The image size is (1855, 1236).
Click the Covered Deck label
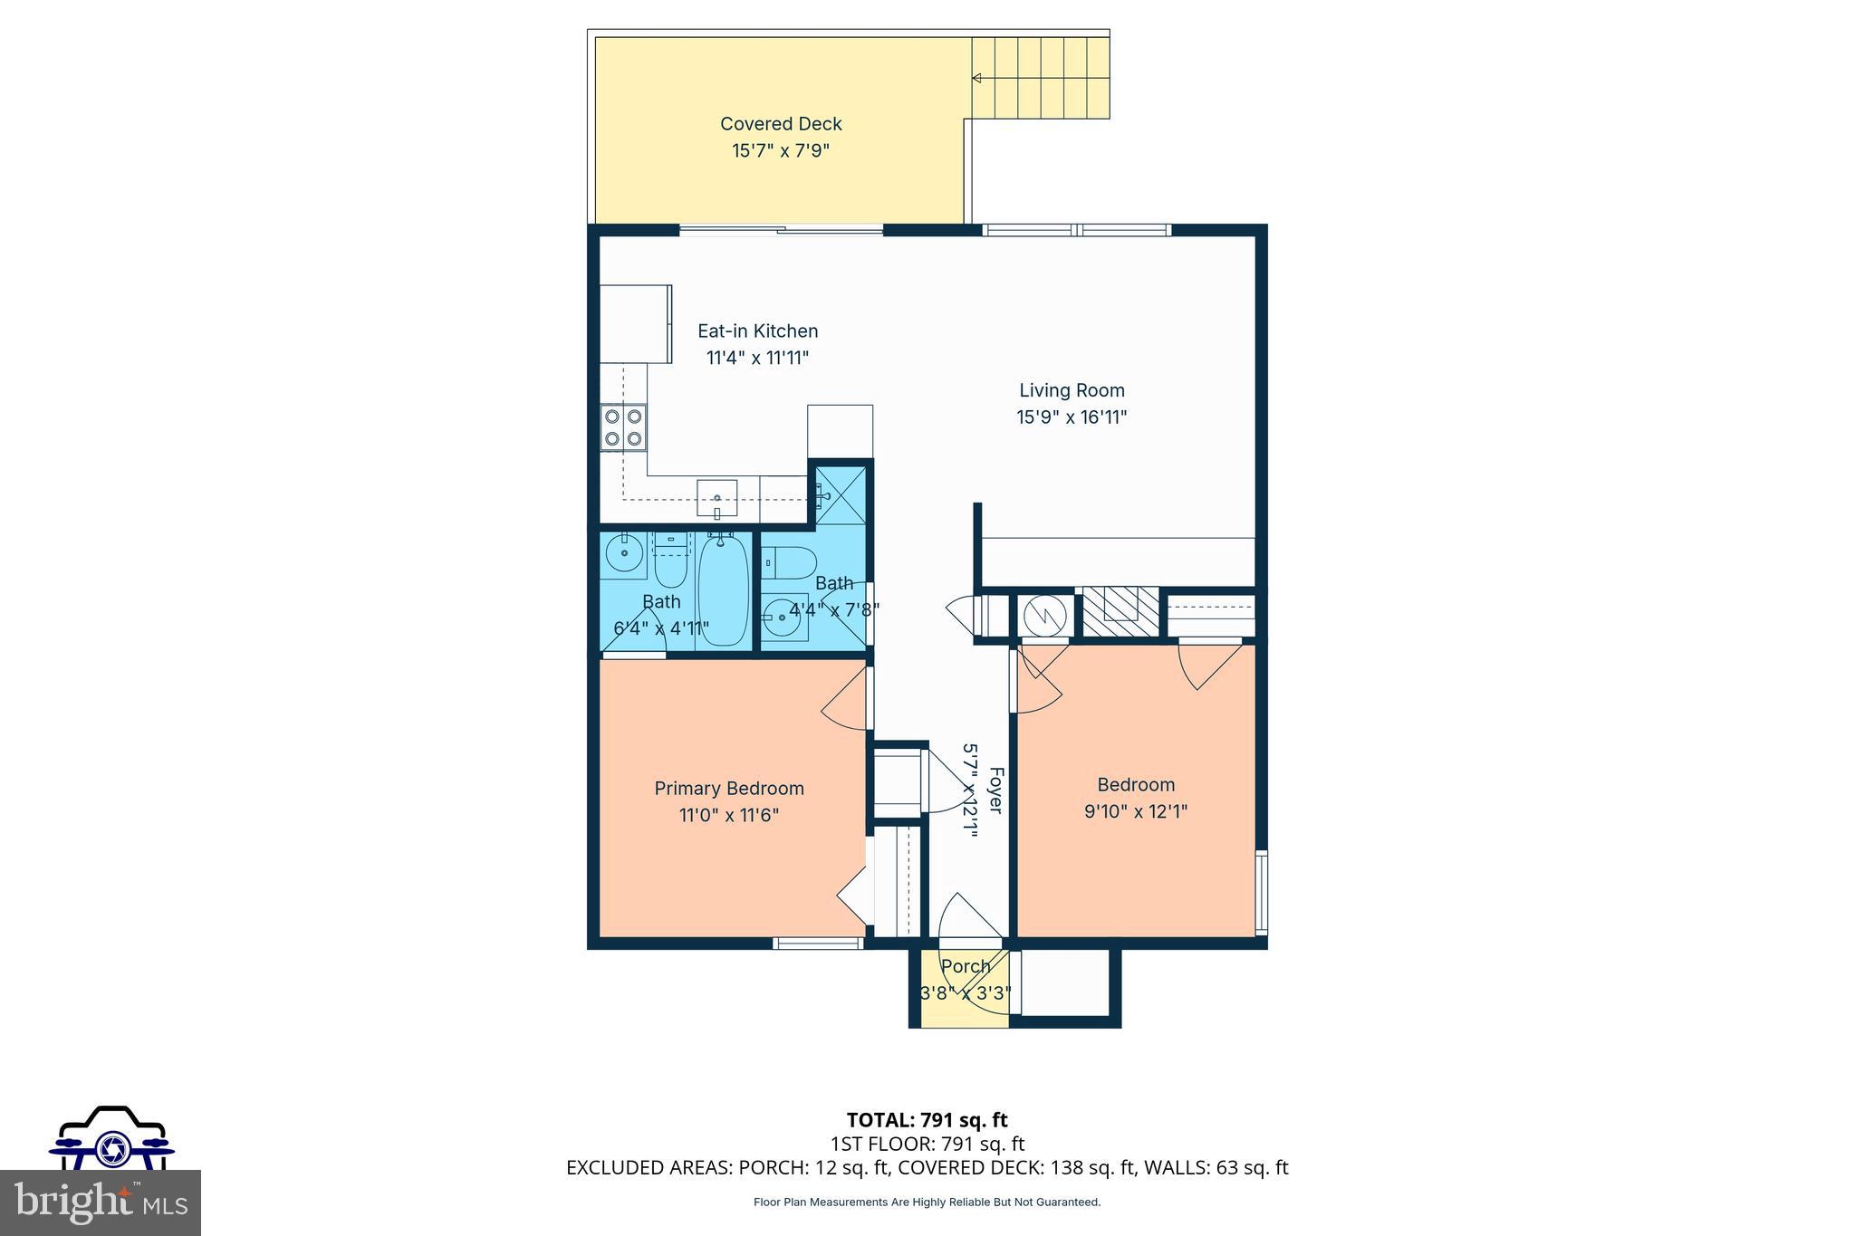pos(781,124)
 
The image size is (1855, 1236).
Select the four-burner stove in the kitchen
pos(623,427)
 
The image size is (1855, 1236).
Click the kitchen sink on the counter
pos(716,498)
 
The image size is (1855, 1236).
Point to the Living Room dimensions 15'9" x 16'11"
pos(1072,417)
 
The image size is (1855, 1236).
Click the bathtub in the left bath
pos(724,589)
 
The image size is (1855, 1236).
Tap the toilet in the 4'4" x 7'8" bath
pos(790,563)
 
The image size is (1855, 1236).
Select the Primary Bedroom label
pos(728,788)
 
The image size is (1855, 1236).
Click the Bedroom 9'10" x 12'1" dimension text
pos(1135,811)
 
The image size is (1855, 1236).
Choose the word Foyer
pos(995,790)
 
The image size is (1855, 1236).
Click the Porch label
pos(965,966)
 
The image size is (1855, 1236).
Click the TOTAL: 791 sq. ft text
pos(927,1120)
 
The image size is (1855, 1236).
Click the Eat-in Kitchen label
pos(757,331)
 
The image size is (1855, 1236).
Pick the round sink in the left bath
pos(624,551)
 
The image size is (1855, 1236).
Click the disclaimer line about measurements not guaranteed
pos(927,1202)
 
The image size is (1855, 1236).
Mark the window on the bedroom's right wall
pos(1261,892)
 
